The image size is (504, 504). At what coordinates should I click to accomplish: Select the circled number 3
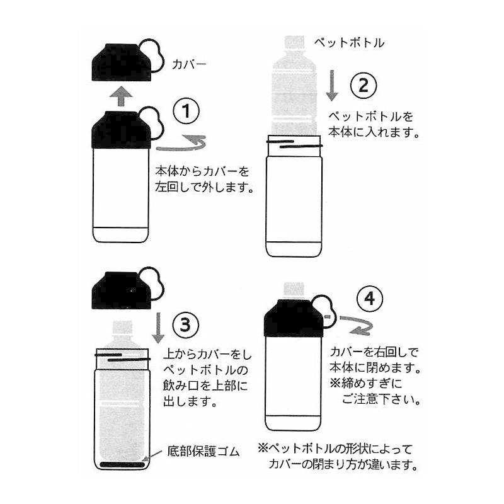click(x=185, y=326)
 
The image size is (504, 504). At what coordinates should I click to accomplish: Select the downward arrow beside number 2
click(x=332, y=84)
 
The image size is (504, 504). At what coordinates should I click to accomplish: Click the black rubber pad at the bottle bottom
click(x=122, y=464)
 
